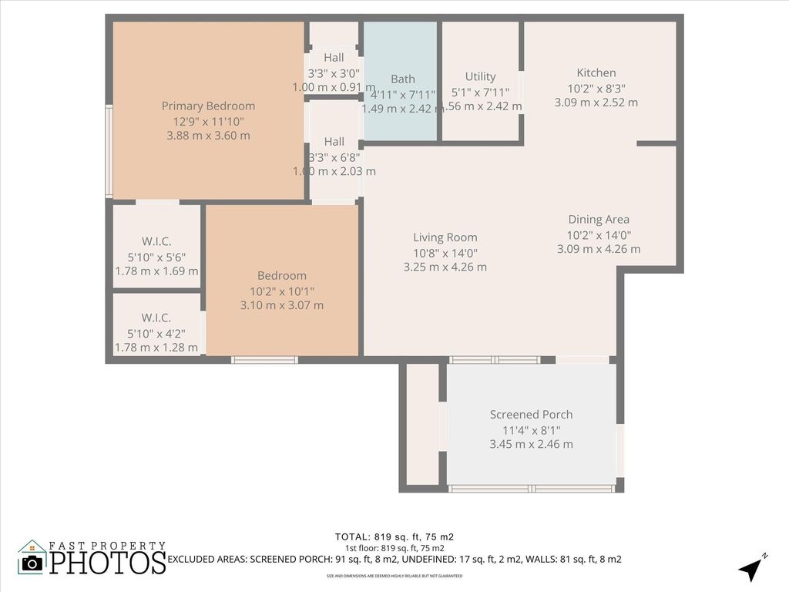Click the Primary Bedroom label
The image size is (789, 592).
tap(208, 106)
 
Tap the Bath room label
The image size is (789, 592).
tap(402, 79)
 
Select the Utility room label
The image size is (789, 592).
tap(480, 76)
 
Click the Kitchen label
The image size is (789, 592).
tap(596, 73)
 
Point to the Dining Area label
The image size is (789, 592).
tap(599, 220)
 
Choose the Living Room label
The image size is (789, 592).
tap(445, 237)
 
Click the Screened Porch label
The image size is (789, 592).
tap(532, 414)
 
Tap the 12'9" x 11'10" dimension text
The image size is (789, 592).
tap(208, 121)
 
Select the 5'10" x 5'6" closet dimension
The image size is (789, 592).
tap(156, 257)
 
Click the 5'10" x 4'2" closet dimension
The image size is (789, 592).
tap(156, 333)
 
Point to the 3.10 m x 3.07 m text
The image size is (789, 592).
tap(282, 305)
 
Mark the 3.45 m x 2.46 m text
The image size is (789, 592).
tap(532, 444)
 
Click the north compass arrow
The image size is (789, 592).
tap(751, 569)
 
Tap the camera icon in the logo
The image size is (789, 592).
tap(32, 563)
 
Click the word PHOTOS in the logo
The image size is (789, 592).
tap(108, 562)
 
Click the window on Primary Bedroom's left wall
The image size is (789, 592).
tap(109, 151)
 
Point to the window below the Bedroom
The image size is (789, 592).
tap(264, 359)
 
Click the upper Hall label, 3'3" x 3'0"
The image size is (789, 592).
tap(334, 58)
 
